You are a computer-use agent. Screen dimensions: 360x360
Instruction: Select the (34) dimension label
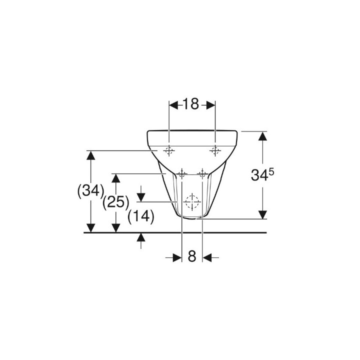click(90, 190)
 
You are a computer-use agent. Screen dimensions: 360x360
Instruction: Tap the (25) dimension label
click(115, 202)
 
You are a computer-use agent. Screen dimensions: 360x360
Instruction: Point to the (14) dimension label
click(140, 216)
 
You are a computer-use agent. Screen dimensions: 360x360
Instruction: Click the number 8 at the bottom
click(192, 257)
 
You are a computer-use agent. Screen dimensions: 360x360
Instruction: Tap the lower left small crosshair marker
click(181, 173)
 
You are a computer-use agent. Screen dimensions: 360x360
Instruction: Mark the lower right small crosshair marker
click(202, 173)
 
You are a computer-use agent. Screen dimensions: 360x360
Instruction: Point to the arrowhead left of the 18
click(173, 104)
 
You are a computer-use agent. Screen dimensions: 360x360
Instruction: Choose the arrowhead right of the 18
click(211, 104)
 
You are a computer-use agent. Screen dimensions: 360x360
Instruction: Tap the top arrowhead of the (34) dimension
click(90, 154)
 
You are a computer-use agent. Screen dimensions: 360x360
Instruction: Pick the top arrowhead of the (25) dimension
click(115, 178)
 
